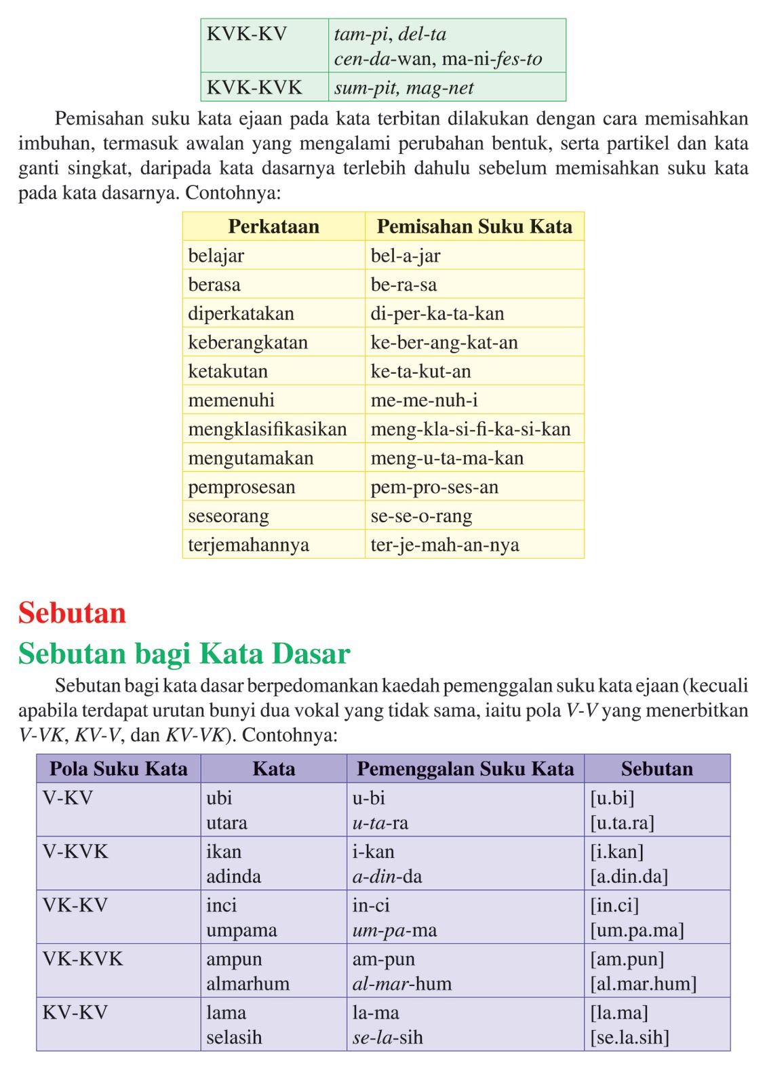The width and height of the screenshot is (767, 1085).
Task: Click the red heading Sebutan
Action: (72, 613)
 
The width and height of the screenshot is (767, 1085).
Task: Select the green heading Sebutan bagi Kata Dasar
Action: (184, 654)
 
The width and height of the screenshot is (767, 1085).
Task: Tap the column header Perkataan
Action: (273, 226)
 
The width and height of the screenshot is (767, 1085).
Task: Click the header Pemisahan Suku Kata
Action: (474, 226)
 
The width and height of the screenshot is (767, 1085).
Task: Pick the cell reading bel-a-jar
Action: (406, 256)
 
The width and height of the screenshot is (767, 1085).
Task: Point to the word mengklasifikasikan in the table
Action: (267, 429)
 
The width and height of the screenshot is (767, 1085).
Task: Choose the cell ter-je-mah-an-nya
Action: (445, 545)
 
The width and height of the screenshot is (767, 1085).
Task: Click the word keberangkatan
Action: (248, 342)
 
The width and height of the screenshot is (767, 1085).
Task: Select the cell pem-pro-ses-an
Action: (434, 488)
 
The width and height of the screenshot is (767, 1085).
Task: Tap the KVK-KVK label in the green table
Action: (254, 87)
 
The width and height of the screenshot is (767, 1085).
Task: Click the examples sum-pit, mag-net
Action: (404, 88)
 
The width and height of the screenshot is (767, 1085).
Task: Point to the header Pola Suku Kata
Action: (119, 769)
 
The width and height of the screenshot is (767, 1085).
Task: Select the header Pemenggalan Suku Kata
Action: (465, 769)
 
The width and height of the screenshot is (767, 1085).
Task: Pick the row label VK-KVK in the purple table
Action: (83, 959)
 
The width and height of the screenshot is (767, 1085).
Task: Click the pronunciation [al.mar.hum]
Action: (643, 984)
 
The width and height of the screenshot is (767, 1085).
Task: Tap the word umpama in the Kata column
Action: (241, 930)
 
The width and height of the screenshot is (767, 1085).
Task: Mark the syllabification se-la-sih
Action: (387, 1038)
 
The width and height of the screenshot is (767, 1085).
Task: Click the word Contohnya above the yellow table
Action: (233, 193)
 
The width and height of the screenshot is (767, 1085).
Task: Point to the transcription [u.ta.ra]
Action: (622, 823)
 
